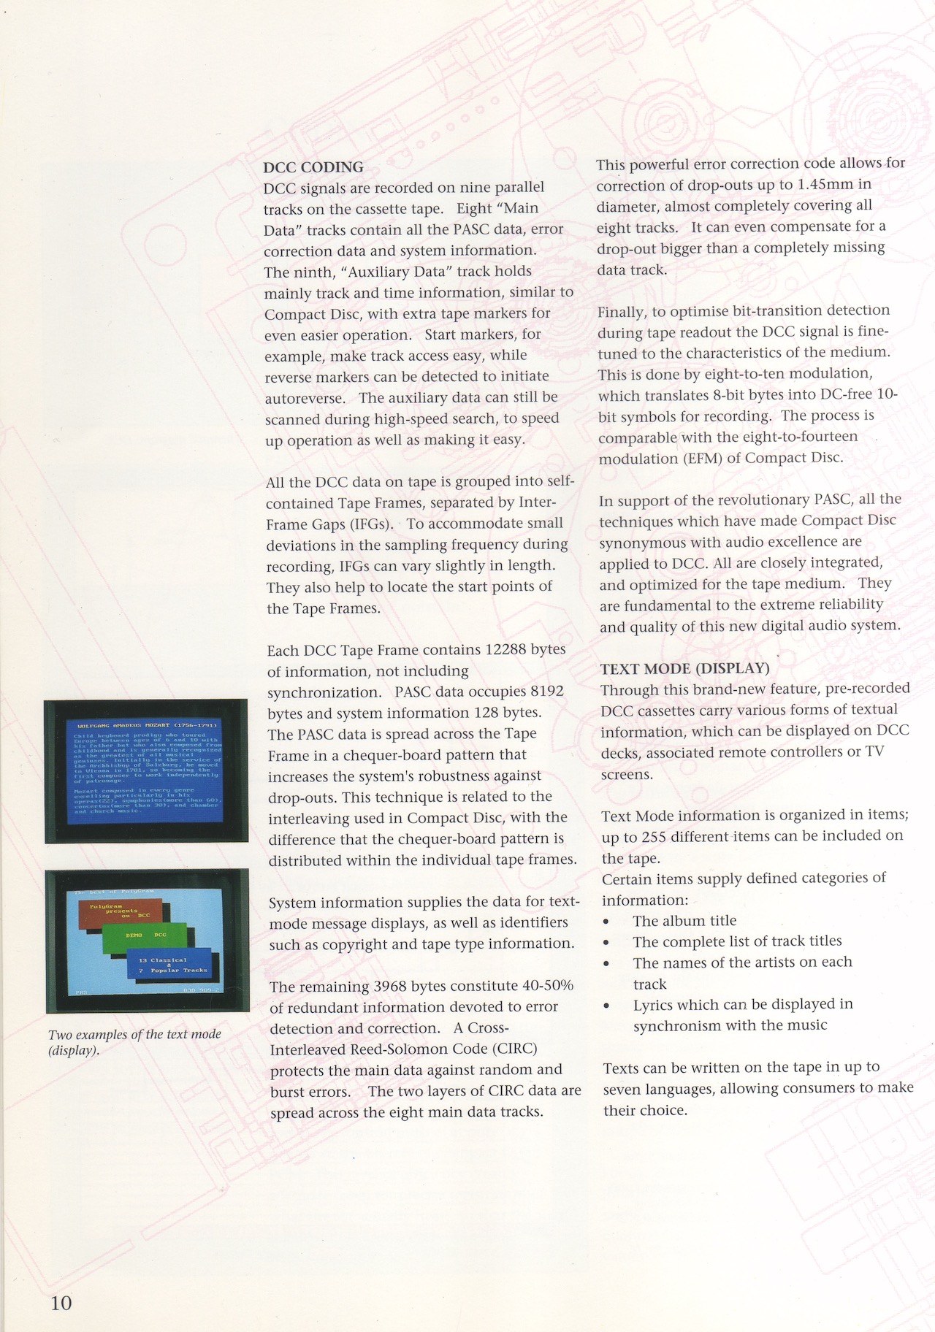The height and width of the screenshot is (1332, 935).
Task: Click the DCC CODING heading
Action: [313, 167]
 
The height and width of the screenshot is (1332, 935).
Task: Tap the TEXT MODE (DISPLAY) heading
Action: [684, 668]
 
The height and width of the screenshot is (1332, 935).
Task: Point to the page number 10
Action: [61, 1302]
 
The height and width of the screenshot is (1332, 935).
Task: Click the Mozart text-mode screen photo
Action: [146, 771]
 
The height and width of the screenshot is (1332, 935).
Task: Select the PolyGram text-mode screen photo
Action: [147, 941]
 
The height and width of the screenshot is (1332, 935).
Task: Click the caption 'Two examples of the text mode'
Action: [134, 1034]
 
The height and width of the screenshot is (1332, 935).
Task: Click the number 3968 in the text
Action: [395, 986]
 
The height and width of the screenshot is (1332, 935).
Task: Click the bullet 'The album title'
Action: [684, 921]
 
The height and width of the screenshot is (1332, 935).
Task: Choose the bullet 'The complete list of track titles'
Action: [737, 941]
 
